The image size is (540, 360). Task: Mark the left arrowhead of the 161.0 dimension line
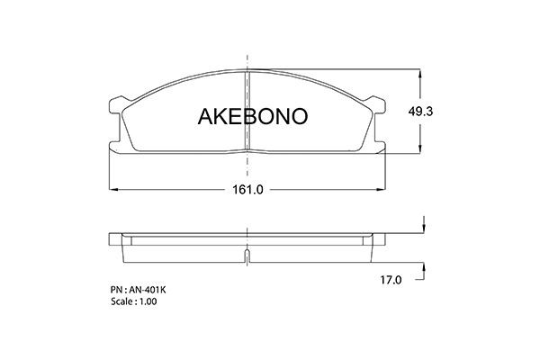tap(112, 191)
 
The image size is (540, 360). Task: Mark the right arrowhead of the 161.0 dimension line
tap(383, 191)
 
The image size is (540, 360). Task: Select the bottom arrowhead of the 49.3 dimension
tap(420, 151)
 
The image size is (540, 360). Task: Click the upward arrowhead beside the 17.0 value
tap(420, 256)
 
